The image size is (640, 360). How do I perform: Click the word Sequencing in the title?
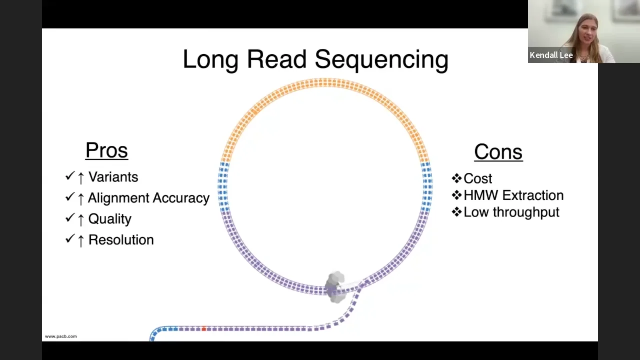click(x=381, y=59)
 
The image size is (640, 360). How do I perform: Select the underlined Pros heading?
click(x=106, y=150)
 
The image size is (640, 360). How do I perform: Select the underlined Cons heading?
click(x=498, y=152)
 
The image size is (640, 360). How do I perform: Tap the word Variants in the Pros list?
click(x=113, y=177)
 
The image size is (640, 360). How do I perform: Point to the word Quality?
click(x=109, y=219)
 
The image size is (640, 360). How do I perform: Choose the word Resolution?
click(x=121, y=240)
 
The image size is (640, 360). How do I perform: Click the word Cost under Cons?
click(x=477, y=178)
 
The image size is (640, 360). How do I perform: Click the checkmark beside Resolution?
click(x=69, y=239)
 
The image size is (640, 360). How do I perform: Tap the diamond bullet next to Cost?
click(x=456, y=178)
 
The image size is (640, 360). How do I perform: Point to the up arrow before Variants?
click(x=81, y=177)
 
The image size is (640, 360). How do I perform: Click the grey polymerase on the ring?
click(x=335, y=286)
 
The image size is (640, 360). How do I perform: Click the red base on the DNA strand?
click(x=204, y=328)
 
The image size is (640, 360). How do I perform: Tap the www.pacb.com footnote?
click(x=61, y=336)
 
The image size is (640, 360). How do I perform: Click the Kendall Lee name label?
click(x=551, y=55)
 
